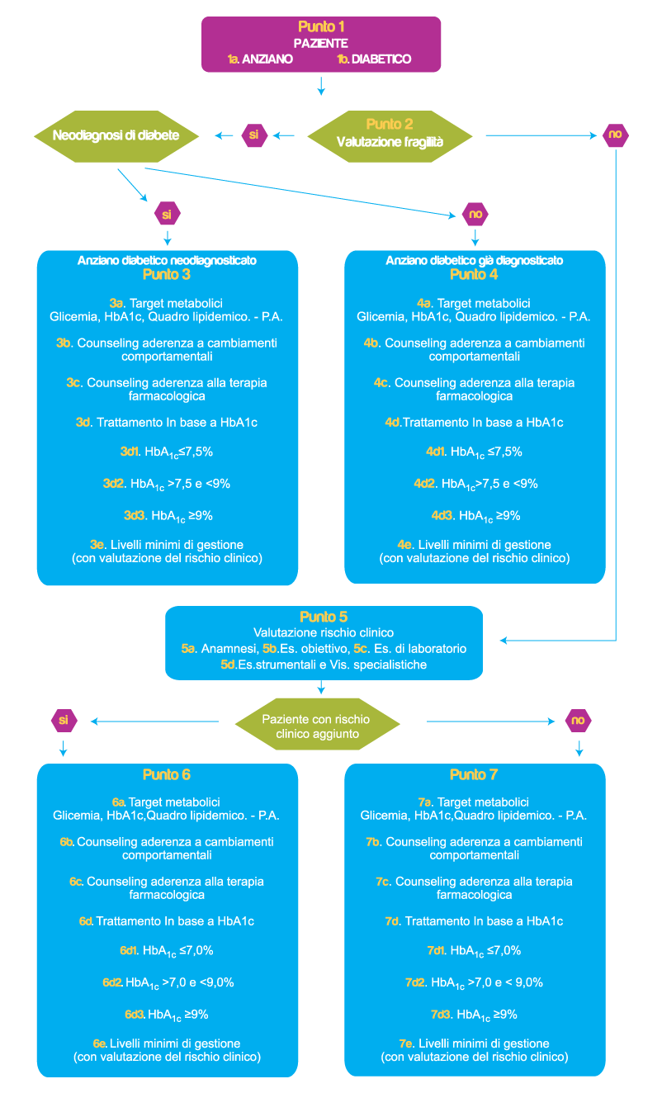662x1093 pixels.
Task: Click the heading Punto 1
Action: [x=321, y=27]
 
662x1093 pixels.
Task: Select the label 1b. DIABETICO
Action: [x=374, y=59]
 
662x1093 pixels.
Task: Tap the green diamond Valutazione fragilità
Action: [x=390, y=135]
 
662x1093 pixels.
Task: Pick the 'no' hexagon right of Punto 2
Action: [x=615, y=135]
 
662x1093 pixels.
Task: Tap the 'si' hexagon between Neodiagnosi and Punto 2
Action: [x=254, y=135]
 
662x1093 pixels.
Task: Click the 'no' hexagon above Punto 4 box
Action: [x=475, y=214]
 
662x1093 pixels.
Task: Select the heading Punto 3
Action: [x=167, y=274]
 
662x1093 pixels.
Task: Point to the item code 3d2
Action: [x=113, y=484]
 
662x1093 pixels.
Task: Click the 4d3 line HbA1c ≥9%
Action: [x=475, y=516]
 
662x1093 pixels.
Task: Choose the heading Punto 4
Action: [x=474, y=274]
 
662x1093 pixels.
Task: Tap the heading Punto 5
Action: [x=324, y=617]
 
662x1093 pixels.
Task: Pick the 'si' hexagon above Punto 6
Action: [x=63, y=721]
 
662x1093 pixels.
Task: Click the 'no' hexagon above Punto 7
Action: [x=579, y=721]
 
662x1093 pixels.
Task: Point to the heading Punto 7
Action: [x=474, y=775]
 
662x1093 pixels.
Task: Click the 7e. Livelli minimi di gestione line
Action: [x=474, y=1043]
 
